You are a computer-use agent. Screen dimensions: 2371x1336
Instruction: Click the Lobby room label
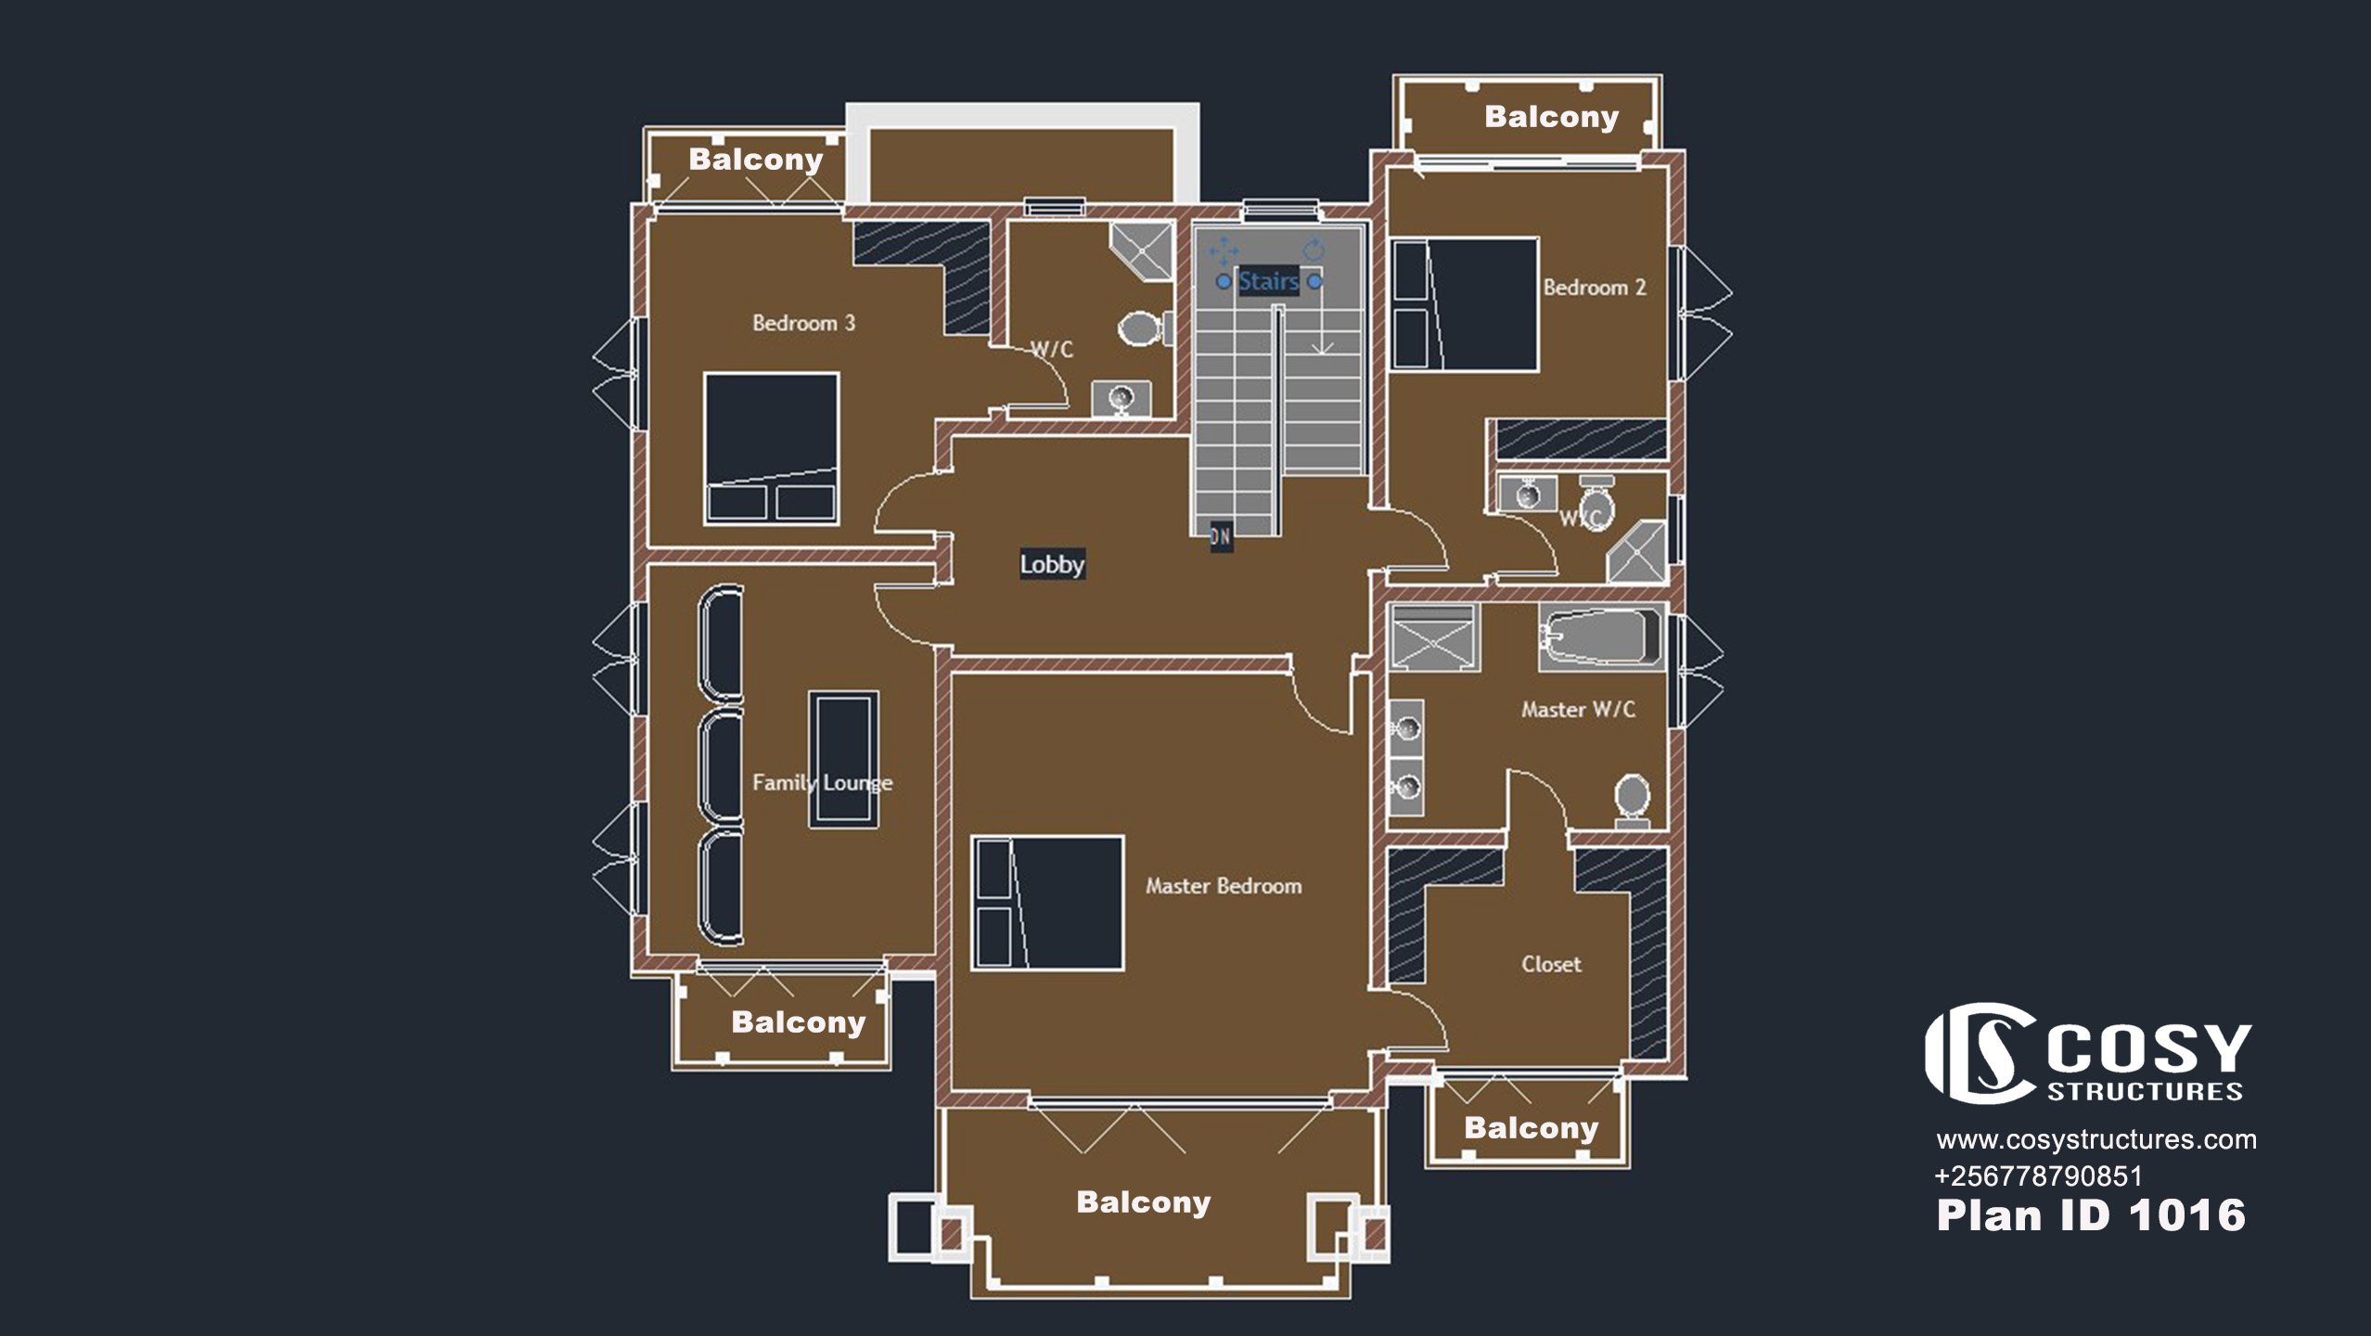(1052, 564)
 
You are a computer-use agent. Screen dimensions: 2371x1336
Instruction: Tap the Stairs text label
(1268, 281)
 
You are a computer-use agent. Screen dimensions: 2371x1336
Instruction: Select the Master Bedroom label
(1224, 886)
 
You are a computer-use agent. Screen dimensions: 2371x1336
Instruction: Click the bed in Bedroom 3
(771, 449)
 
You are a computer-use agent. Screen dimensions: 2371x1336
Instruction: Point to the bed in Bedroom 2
(1466, 304)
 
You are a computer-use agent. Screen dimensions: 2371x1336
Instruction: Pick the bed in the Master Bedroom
(1047, 903)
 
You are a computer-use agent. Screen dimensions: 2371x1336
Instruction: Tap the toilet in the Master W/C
(1633, 801)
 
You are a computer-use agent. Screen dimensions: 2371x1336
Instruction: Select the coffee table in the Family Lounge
(843, 759)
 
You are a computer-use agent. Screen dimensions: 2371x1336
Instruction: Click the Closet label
(1551, 964)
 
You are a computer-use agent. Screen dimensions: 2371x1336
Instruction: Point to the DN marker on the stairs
(1221, 535)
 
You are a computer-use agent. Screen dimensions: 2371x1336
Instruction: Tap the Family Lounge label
(822, 783)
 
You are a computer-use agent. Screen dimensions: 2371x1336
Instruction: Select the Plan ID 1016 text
(2091, 1215)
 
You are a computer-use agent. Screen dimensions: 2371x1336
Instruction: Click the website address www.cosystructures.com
(2096, 1139)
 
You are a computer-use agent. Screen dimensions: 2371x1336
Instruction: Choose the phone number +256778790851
(2039, 1176)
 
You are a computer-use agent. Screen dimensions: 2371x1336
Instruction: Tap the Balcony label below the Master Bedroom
(1144, 1202)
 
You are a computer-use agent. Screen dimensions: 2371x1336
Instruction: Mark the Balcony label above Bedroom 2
(1552, 117)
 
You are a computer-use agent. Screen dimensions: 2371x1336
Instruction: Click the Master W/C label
(1578, 710)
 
